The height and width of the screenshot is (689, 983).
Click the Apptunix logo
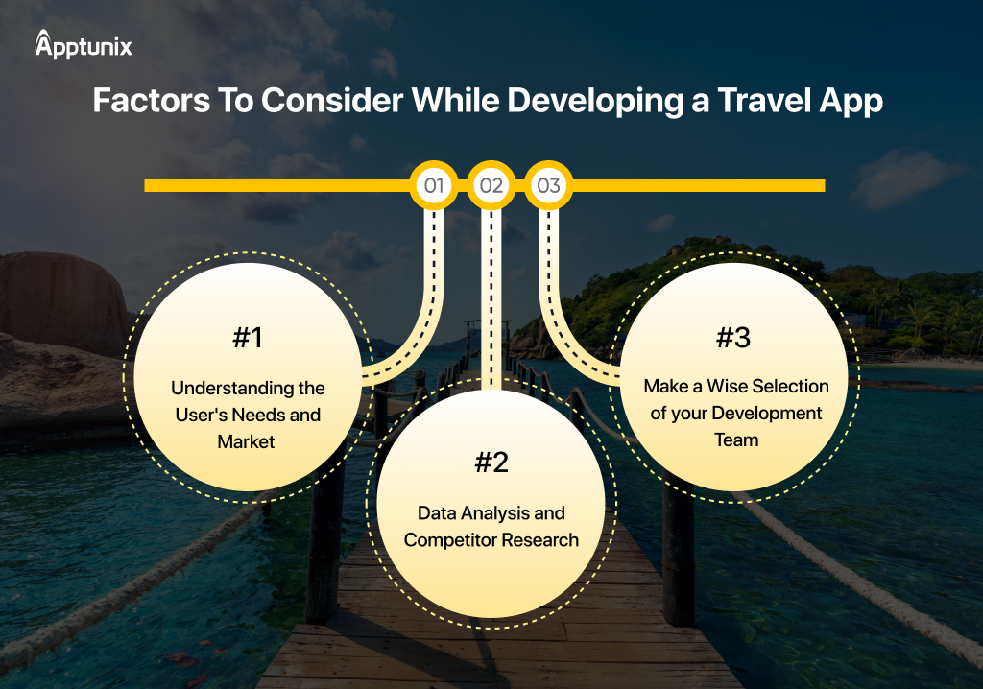[84, 44]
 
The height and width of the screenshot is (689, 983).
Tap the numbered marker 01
[434, 185]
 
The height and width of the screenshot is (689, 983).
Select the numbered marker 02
[491, 185]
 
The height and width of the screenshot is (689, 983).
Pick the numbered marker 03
[548, 185]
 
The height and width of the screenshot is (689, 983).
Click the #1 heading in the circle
[248, 338]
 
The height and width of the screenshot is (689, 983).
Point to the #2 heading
[491, 463]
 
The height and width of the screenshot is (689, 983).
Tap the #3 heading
[734, 338]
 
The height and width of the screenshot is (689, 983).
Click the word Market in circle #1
[247, 442]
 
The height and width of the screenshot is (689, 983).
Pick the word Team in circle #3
[736, 440]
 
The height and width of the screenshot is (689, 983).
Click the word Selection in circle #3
[791, 386]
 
